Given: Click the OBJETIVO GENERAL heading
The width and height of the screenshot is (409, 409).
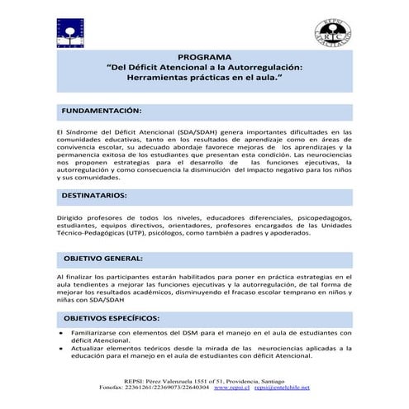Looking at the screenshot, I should pyautogui.click(x=104, y=259).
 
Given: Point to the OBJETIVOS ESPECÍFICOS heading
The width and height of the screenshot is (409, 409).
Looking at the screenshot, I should pyautogui.click(x=112, y=316).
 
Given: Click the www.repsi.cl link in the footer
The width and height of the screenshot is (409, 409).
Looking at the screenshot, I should pyautogui.click(x=240, y=387).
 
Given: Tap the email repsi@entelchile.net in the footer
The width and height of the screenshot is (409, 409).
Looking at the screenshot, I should pyautogui.click(x=283, y=387).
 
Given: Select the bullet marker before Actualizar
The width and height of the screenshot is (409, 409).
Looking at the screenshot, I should pyautogui.click(x=62, y=348).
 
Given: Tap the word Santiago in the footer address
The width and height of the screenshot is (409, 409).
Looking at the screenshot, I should pyautogui.click(x=286, y=379).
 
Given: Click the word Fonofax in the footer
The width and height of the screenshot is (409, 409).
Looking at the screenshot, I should pyautogui.click(x=113, y=387).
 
